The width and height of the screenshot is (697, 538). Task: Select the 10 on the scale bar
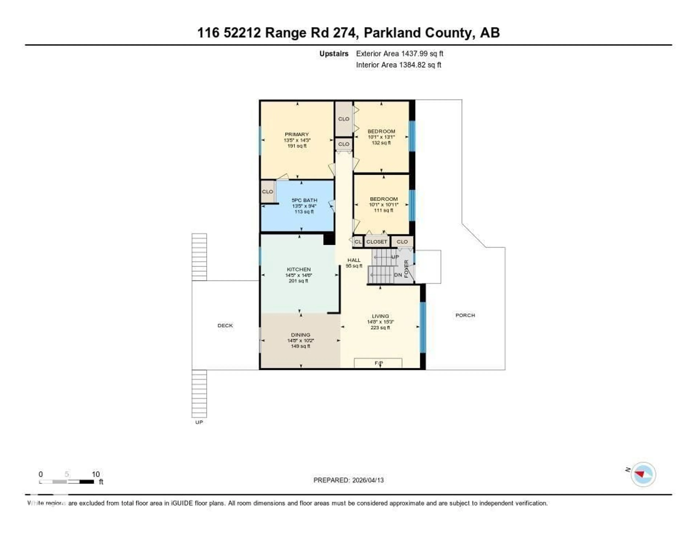(96, 474)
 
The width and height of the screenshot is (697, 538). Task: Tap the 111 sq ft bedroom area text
(383, 210)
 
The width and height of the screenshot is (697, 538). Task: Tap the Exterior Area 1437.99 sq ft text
(400, 54)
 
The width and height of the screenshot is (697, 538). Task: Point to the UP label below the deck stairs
(199, 422)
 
